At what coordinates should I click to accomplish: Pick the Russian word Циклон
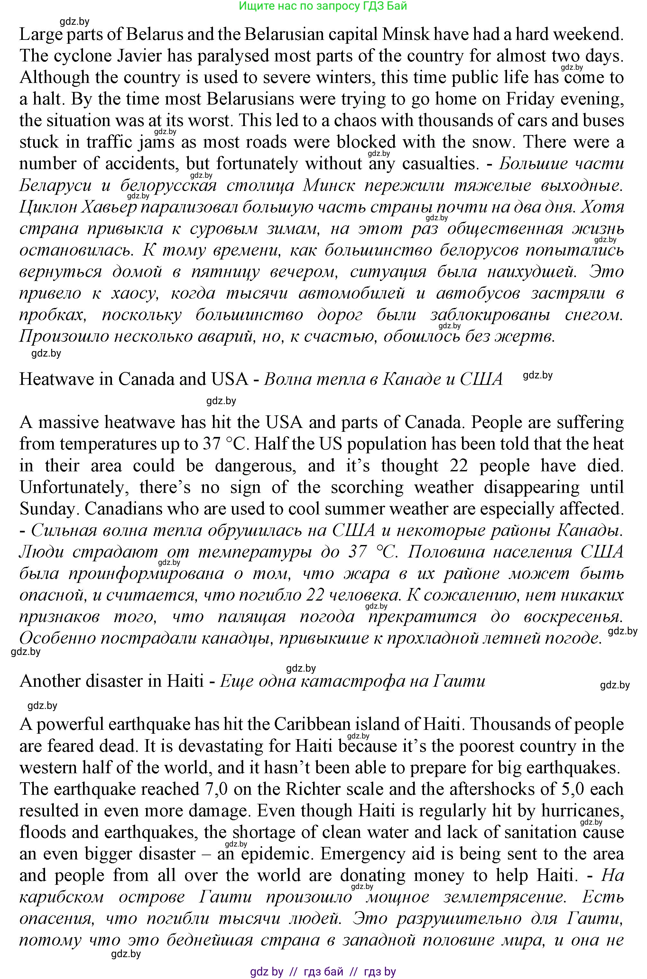pos(46,207)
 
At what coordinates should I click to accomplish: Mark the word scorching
pos(367,487)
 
